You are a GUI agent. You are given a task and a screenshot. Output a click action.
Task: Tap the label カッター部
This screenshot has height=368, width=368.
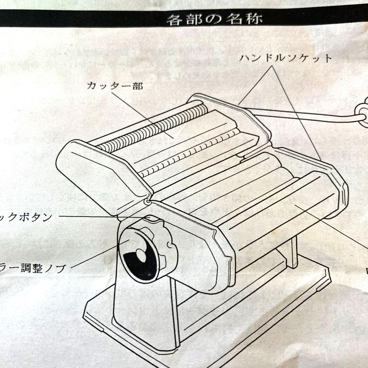pyautogui.click(x=114, y=86)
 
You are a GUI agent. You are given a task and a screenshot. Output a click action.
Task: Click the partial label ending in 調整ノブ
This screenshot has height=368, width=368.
pyautogui.click(x=32, y=268)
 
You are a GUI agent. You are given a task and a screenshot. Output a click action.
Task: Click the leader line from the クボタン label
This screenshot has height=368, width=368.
pyautogui.click(x=102, y=216)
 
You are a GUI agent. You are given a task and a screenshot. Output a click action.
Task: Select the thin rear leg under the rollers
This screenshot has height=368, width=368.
pyautogui.click(x=293, y=252)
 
